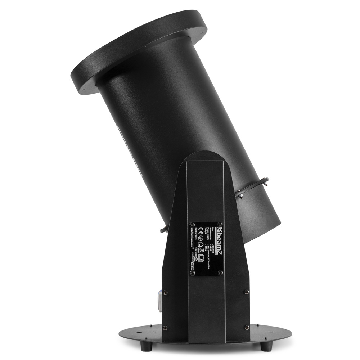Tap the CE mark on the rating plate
201,231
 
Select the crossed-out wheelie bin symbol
202,250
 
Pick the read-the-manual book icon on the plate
201,258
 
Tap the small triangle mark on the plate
196,259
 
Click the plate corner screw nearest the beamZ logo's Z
220,224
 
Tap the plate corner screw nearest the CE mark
192,225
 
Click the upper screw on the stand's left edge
165,292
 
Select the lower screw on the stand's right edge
247,327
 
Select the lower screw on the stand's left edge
165,328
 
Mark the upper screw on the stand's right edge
247,292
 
